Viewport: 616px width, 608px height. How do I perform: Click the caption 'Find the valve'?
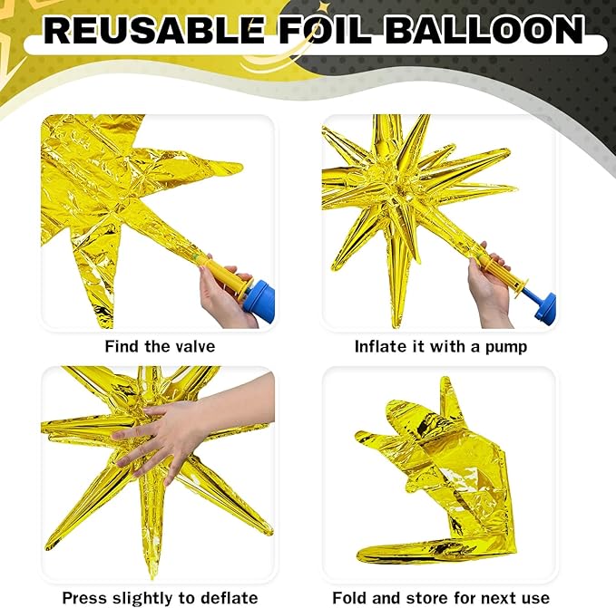(x=160, y=346)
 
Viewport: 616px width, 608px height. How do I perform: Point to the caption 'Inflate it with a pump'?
(x=440, y=346)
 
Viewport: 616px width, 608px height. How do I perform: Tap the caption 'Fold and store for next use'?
(x=440, y=597)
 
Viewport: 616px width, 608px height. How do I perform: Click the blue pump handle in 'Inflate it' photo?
(x=544, y=305)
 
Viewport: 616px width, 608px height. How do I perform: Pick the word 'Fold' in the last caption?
(x=350, y=597)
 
